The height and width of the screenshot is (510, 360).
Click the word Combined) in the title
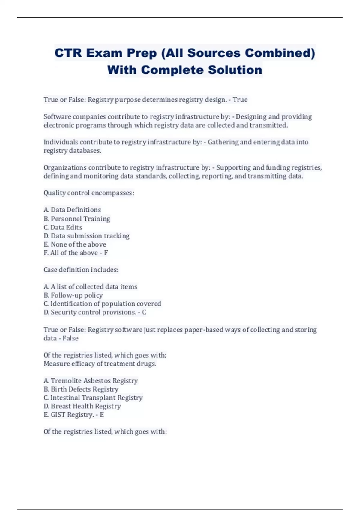280,53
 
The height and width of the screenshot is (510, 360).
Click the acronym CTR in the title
68,53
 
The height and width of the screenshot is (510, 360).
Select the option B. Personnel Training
77,219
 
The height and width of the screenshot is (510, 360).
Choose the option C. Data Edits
63,227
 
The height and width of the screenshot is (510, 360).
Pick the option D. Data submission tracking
86,236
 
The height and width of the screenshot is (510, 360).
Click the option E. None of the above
75,244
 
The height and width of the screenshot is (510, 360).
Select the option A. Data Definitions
72,210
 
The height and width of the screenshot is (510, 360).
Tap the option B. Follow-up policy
73,295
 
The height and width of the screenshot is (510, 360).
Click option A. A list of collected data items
90,287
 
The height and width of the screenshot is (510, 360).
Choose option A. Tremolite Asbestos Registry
91,381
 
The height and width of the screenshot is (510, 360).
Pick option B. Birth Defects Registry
81,389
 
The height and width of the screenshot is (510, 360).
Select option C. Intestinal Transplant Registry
93,398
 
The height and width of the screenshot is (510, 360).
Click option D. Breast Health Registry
82,406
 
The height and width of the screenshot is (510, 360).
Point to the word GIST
58,415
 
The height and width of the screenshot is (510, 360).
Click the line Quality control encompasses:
89,193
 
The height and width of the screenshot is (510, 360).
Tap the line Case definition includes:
81,270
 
